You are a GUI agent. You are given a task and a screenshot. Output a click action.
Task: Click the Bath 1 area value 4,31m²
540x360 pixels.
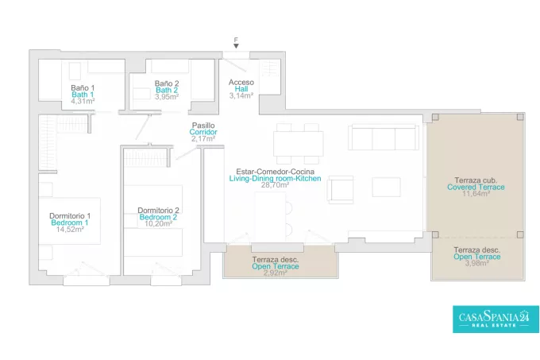pyautogui.click(x=83, y=101)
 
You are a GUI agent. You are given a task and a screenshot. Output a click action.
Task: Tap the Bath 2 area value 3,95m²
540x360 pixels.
pyautogui.click(x=167, y=97)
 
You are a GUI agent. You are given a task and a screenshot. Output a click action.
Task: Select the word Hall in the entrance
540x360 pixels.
pyautogui.click(x=241, y=89)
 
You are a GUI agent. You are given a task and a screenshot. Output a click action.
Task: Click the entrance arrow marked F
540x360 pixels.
pyautogui.click(x=236, y=46)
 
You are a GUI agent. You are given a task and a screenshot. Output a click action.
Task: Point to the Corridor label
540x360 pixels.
pyautogui.click(x=203, y=132)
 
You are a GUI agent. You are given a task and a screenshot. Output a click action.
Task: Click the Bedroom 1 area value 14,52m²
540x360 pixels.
pyautogui.click(x=70, y=230)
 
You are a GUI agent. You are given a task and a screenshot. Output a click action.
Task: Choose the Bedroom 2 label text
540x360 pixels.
pyautogui.click(x=158, y=217)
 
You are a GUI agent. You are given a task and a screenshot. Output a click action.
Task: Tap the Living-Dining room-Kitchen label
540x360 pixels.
pyautogui.click(x=276, y=179)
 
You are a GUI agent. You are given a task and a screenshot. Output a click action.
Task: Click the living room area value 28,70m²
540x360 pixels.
pyautogui.click(x=275, y=185)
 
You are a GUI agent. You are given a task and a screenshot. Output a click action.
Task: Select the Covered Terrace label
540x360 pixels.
pyautogui.click(x=476, y=187)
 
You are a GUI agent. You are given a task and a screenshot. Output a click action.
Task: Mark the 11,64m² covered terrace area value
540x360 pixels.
pyautogui.click(x=476, y=194)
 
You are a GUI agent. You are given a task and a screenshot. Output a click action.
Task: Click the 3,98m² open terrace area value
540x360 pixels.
pyautogui.click(x=477, y=264)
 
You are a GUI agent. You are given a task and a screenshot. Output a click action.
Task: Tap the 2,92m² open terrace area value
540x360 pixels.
pyautogui.click(x=276, y=273)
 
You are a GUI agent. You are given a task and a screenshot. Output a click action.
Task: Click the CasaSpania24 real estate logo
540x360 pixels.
pyautogui.click(x=496, y=319)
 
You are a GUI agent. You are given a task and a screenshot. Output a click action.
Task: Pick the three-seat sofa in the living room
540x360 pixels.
pyautogui.click(x=384, y=137)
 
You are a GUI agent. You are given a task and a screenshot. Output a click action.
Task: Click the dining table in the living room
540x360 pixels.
pyautogui.click(x=299, y=143)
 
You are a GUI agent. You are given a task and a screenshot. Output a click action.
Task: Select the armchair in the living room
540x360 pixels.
pyautogui.click(x=340, y=189)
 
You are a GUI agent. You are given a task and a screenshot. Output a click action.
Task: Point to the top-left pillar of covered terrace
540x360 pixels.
pyautogui.click(x=435, y=117)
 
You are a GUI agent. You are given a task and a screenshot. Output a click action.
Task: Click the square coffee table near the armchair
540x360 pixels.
pyautogui.click(x=386, y=187)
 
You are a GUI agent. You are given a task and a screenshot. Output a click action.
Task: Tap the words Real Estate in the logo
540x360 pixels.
pyautogui.click(x=494, y=325)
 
